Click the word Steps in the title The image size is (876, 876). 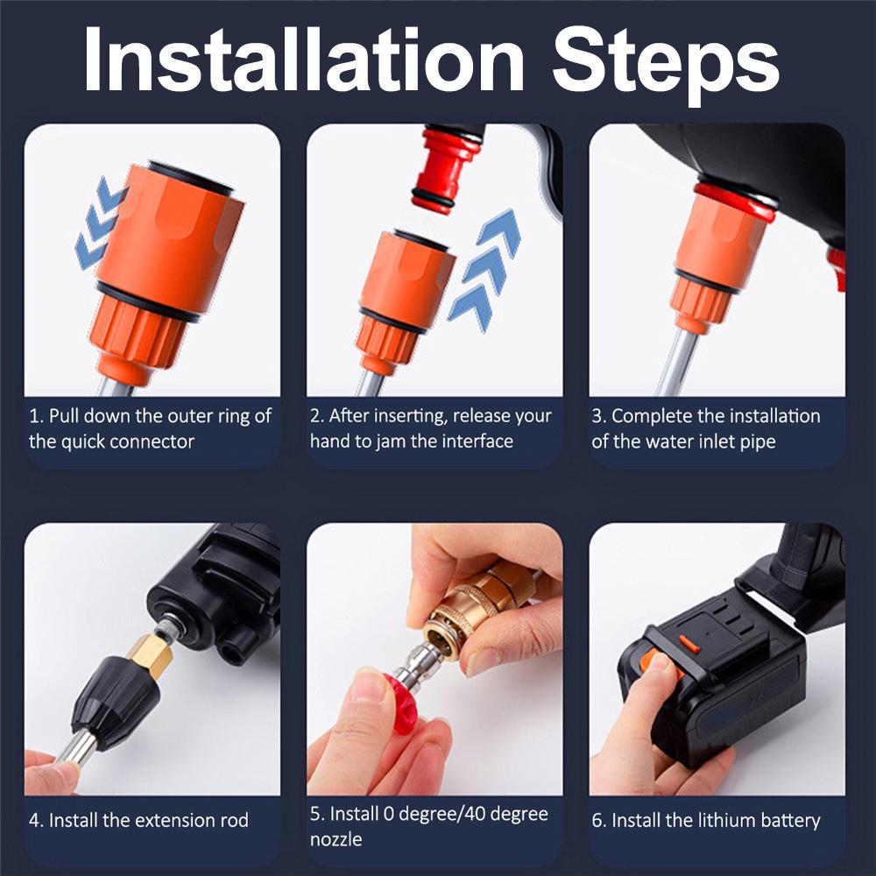pos(666,61)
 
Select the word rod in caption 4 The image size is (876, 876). pos(232,821)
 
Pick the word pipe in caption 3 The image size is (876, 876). pos(757,441)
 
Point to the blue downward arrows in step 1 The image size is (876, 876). pos(99,219)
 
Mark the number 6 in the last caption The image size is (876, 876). pos(598,821)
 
